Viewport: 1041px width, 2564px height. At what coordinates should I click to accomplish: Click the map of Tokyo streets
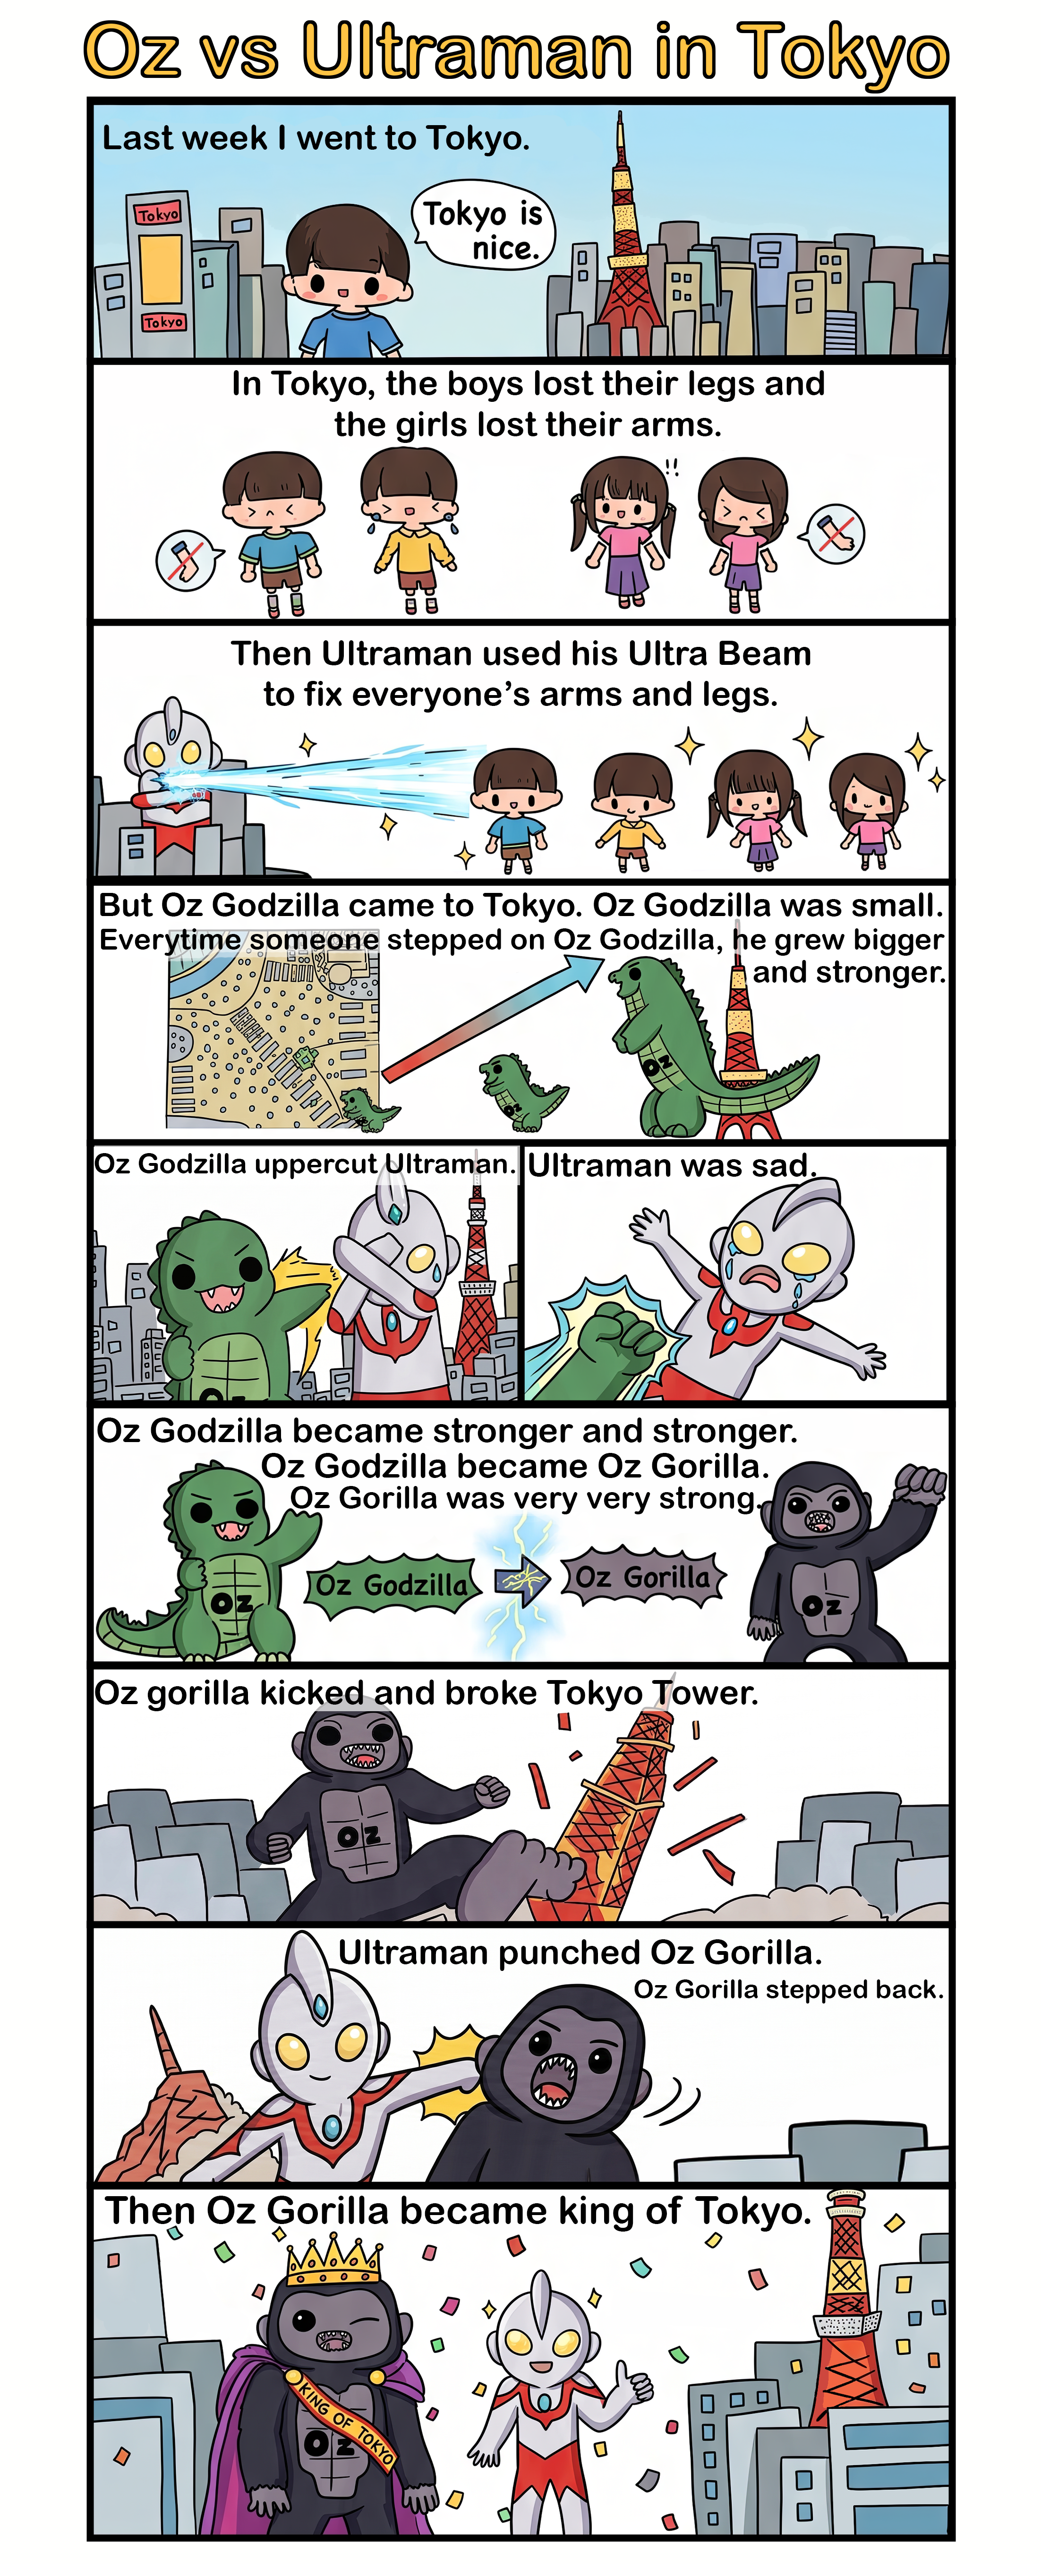pyautogui.click(x=273, y=1036)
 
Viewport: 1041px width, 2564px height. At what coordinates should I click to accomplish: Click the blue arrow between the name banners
pyautogui.click(x=520, y=1579)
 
